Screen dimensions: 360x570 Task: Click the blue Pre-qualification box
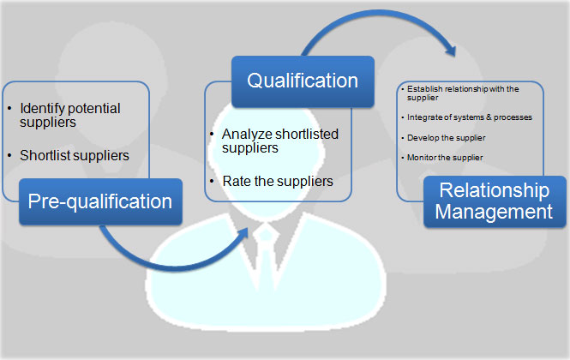(x=99, y=201)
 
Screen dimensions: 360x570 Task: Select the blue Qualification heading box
(x=303, y=81)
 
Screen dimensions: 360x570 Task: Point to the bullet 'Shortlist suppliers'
(x=74, y=155)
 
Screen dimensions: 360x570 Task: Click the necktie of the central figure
(x=267, y=257)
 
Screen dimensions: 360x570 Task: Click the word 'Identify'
(x=40, y=109)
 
